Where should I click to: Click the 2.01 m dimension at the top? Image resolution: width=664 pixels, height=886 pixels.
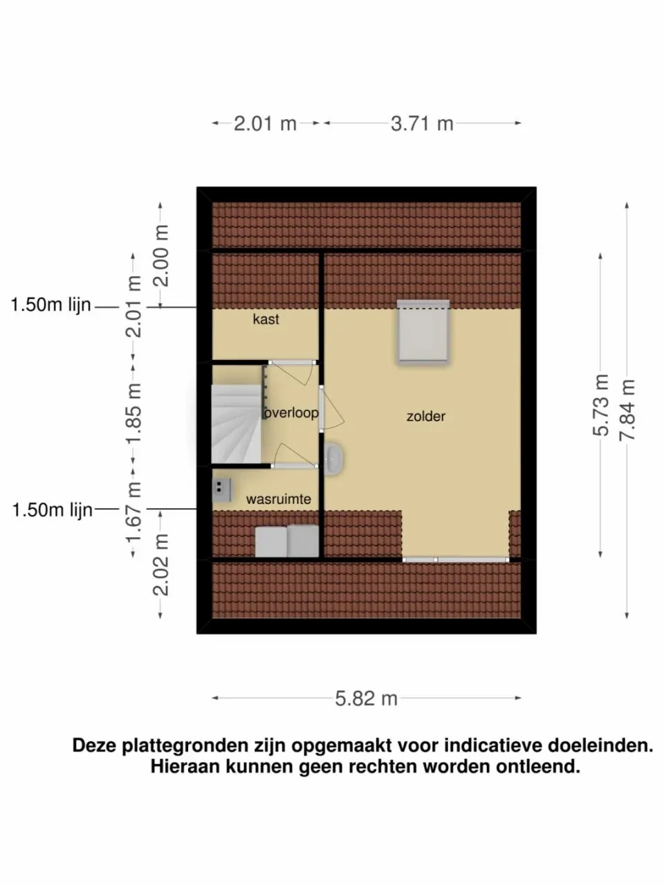tap(265, 124)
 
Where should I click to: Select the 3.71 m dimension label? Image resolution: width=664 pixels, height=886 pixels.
tap(422, 124)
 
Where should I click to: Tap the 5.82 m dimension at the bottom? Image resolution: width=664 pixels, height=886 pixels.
tap(366, 698)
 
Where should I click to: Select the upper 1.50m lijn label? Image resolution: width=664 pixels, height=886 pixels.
tap(51, 305)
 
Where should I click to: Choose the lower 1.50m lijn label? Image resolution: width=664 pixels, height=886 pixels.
tap(52, 510)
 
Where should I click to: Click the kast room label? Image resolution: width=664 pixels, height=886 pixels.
tap(266, 320)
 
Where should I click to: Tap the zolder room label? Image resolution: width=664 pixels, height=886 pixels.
tap(425, 417)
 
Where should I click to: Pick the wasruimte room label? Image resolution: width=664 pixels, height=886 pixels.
tap(278, 499)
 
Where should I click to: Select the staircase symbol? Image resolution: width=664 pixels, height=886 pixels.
tap(236, 424)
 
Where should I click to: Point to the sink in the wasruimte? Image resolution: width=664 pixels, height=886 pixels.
tap(221, 489)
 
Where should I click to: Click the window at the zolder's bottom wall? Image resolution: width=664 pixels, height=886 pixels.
tap(455, 559)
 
